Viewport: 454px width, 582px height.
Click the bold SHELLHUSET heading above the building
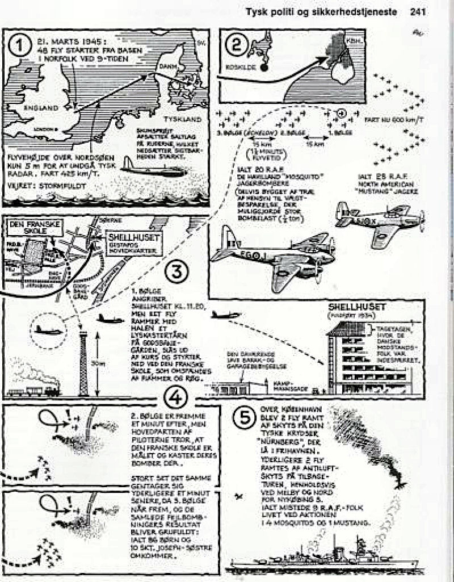click(361, 307)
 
